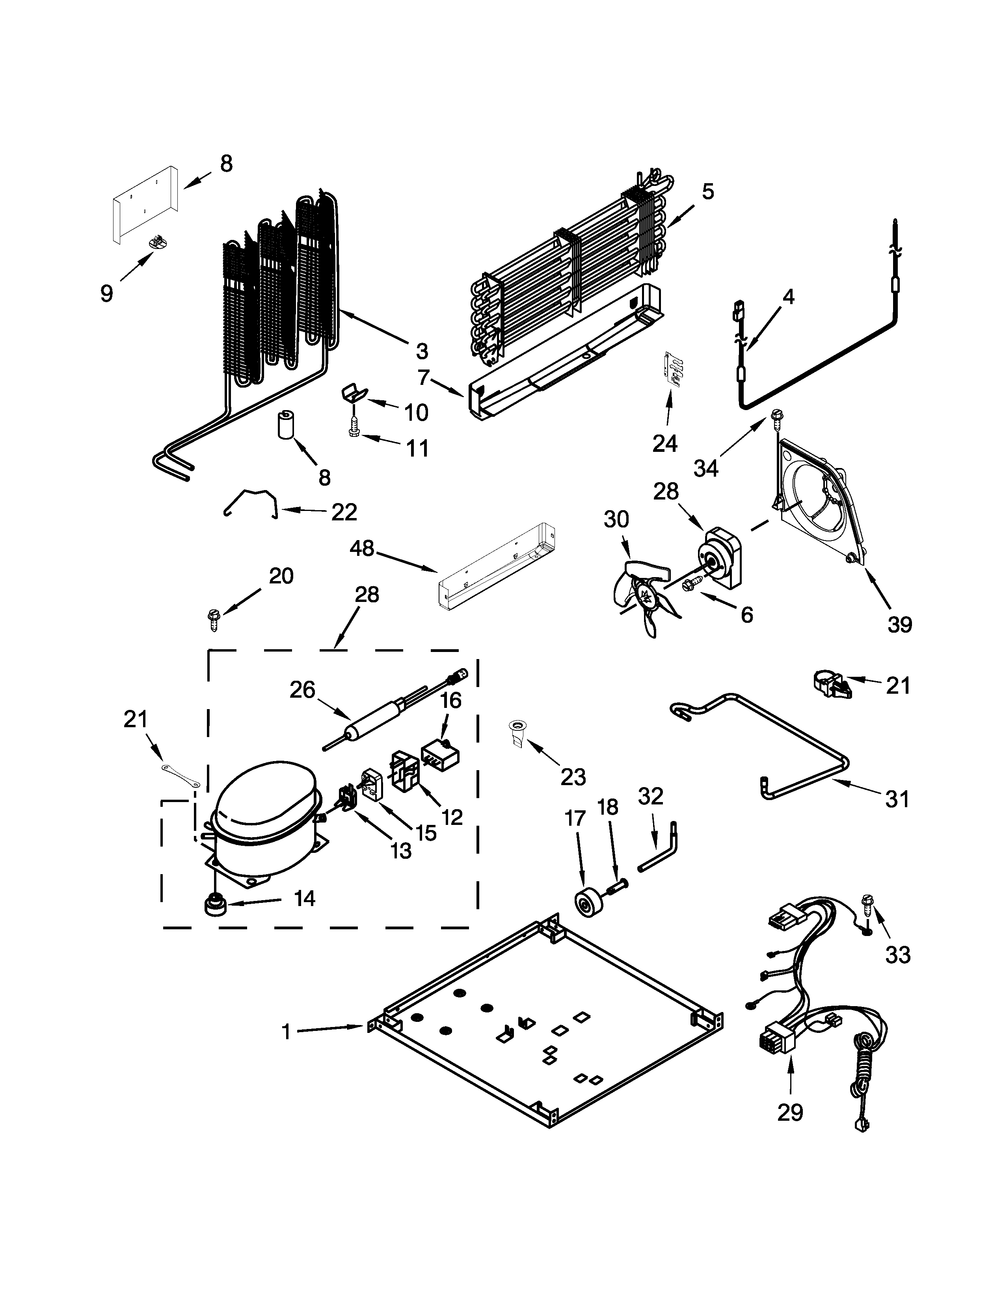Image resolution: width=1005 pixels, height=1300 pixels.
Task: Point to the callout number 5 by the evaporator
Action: [707, 192]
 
